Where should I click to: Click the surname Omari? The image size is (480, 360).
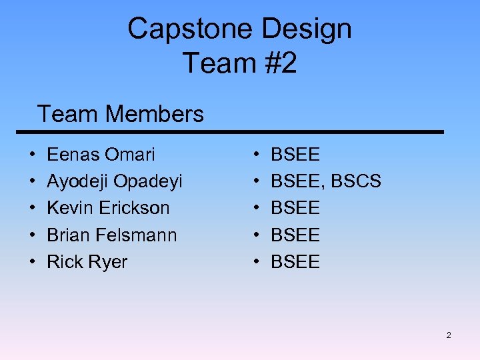tap(129, 155)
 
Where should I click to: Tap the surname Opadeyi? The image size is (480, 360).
tap(148, 181)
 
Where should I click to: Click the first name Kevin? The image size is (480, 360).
tap(70, 208)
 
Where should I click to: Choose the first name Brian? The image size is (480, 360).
tap(69, 235)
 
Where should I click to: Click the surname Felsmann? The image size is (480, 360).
tap(137, 235)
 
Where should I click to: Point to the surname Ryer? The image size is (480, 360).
tap(107, 262)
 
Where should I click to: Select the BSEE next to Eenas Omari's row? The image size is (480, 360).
tap(295, 155)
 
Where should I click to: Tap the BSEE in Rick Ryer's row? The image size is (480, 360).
tap(295, 262)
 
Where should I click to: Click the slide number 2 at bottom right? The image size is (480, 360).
tap(449, 335)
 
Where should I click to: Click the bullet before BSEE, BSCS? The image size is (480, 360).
tap(258, 182)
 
